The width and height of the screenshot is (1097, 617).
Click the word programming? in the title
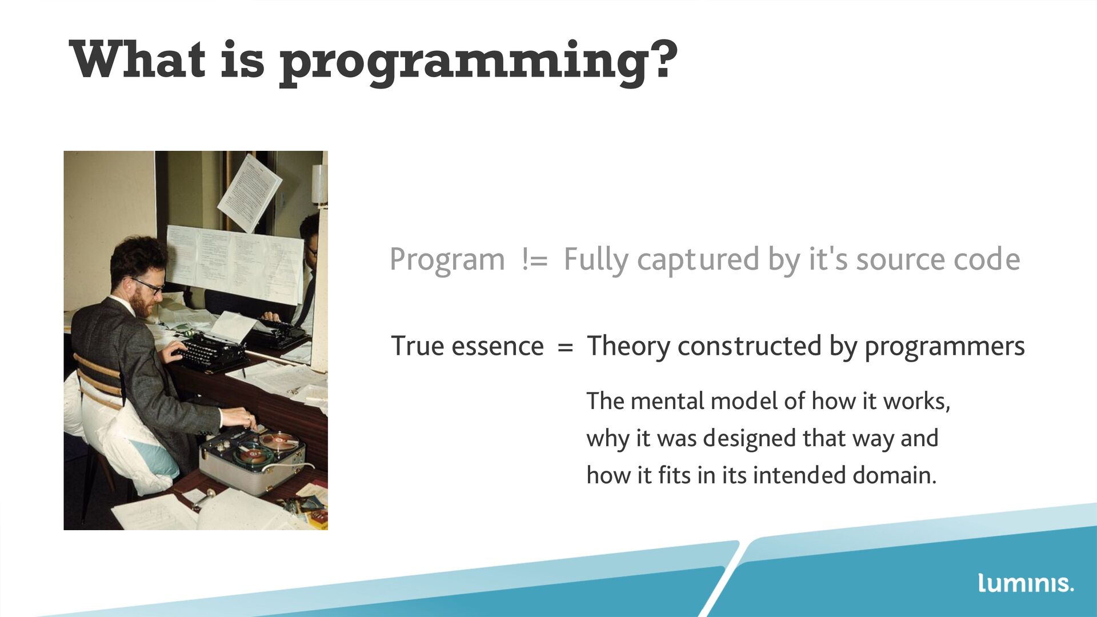[478, 63]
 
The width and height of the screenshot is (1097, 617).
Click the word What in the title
[137, 59]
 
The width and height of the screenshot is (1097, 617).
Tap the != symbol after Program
[534, 260]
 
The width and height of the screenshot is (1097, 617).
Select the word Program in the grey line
[447, 261]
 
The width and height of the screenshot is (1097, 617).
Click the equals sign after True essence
[565, 347]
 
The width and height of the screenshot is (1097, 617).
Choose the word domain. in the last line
[894, 475]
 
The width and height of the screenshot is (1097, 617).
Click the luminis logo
[1026, 583]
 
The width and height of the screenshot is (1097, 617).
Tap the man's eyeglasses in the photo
[148, 285]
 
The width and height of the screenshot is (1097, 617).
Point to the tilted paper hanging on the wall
[249, 193]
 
